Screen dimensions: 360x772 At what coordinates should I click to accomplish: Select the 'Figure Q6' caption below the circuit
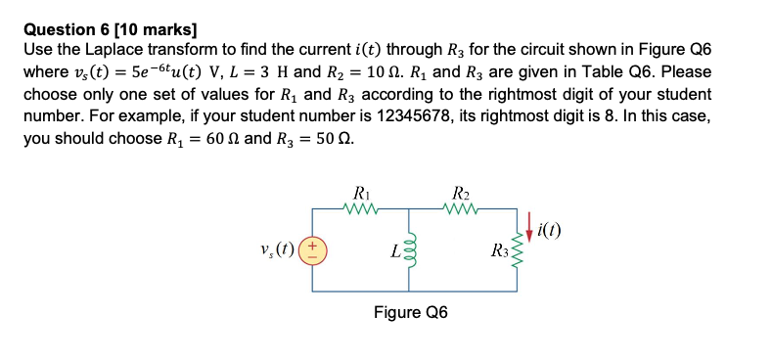click(411, 314)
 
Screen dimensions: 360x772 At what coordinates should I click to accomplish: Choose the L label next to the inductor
click(393, 253)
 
